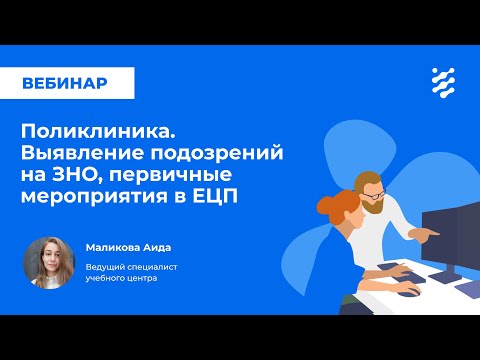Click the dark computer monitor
(x=450, y=235)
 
